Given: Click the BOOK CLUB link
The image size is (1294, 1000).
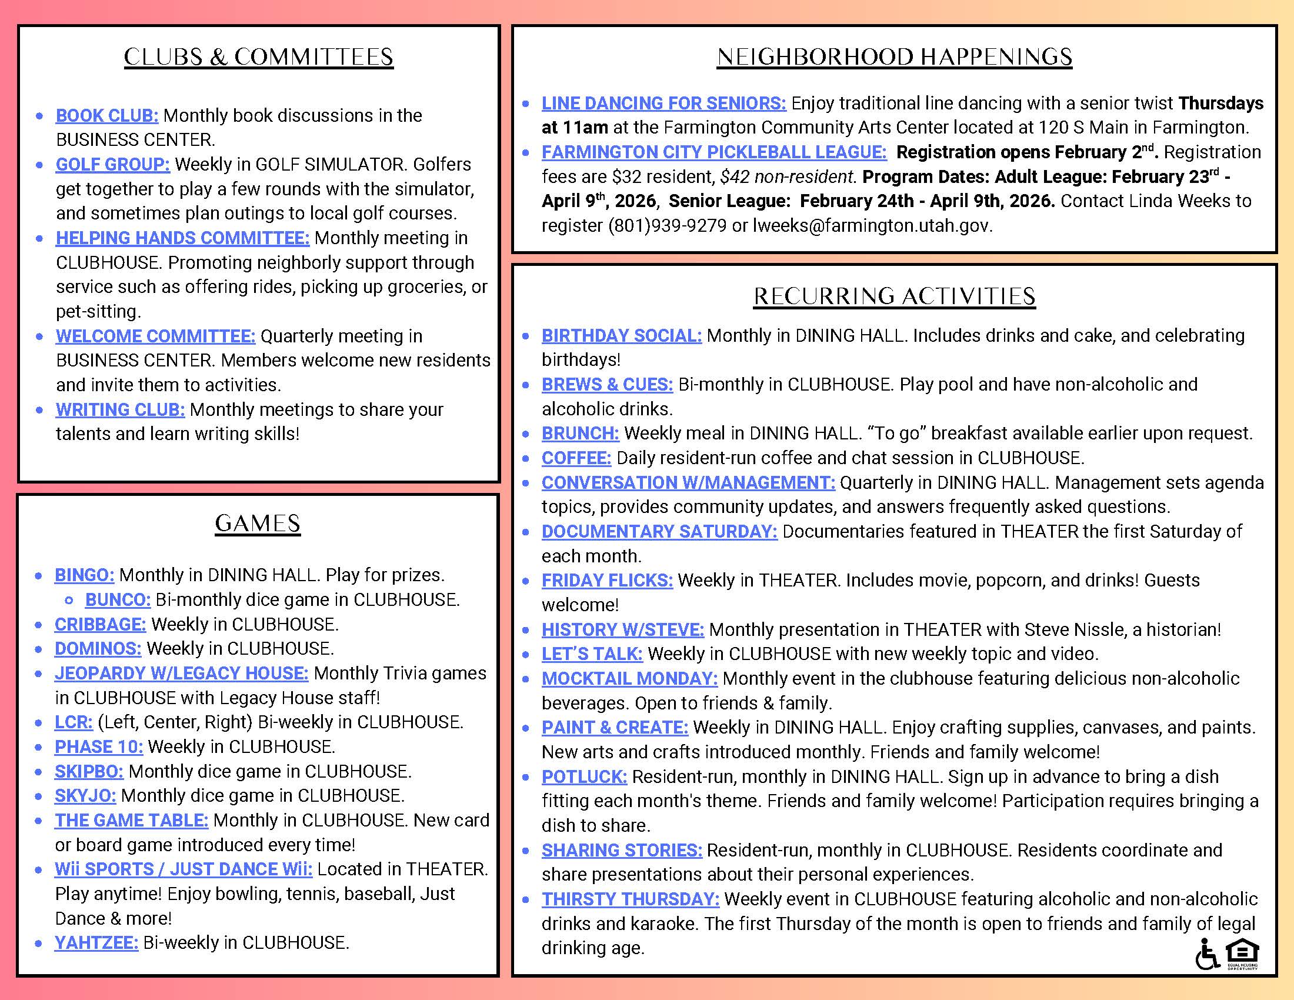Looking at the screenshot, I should pos(106,115).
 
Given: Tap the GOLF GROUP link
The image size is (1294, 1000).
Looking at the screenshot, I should pos(112,164).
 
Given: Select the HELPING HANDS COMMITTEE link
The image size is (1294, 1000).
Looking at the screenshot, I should pos(182,238).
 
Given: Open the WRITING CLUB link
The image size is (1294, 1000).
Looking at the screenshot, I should pos(120,410).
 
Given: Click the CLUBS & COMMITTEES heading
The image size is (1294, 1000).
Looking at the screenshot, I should pos(258,58).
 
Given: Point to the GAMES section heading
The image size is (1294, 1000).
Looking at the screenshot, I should pos(258,524).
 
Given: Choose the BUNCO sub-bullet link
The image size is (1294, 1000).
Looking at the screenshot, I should pos(118,600).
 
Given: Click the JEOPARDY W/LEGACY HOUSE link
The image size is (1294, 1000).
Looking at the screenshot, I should pos(181,674).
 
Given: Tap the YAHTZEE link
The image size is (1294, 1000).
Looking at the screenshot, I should pos(96,943).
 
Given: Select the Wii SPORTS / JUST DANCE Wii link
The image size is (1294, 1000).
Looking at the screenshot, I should pos(183,869).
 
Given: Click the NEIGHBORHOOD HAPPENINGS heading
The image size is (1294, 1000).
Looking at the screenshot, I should pos(894,58).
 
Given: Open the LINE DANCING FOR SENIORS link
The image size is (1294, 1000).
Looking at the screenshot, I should pos(663,104).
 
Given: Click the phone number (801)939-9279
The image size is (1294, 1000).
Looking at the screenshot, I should pos(667,226).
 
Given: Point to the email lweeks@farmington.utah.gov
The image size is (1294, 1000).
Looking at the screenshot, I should pos(872,226).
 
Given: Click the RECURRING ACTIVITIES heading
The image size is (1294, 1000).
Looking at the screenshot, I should pos(894,297).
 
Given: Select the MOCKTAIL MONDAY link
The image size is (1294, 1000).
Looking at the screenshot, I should pos(629,679).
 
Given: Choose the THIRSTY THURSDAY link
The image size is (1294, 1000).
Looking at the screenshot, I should pos(631,899).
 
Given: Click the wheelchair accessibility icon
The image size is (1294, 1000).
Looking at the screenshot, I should pos(1206,955).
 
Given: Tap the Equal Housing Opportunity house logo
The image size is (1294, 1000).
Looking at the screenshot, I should pos(1242,954).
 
